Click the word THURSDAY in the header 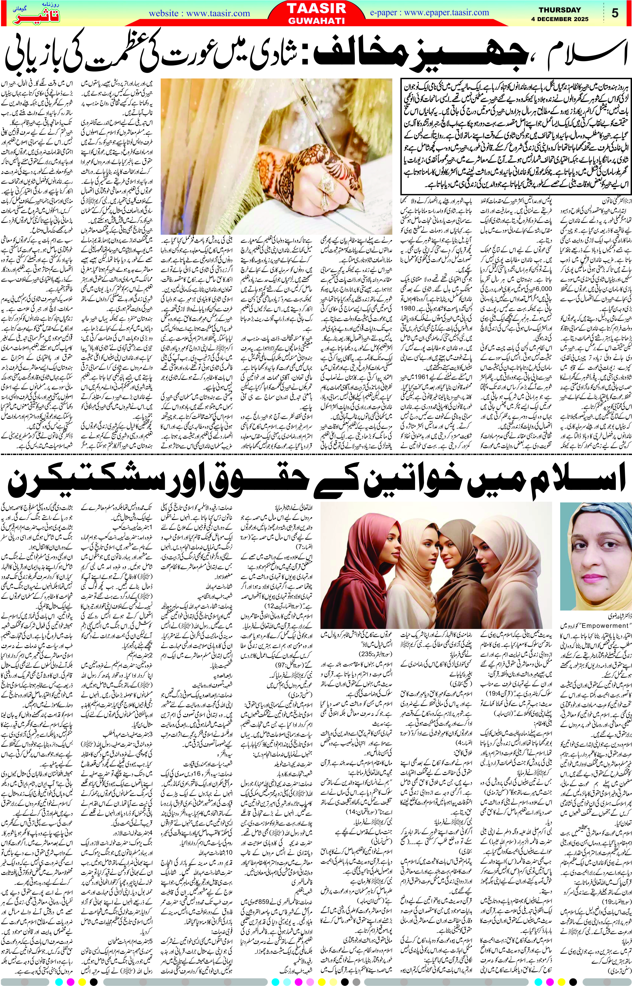(x=559, y=10)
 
